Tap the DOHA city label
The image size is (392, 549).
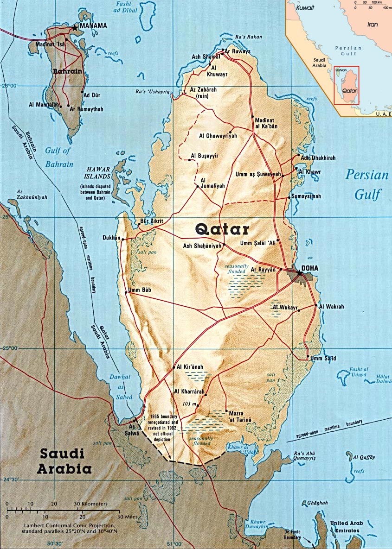point(310,268)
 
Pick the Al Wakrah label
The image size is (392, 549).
point(331,306)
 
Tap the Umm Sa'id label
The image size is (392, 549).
point(323,358)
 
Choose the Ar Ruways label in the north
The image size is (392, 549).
point(238,51)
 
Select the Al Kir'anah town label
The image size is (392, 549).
point(190,367)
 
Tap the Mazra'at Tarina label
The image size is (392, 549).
point(240,416)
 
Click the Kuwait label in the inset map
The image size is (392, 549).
point(306,8)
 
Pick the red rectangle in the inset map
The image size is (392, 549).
point(346,85)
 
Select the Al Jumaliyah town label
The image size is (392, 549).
point(212,183)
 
